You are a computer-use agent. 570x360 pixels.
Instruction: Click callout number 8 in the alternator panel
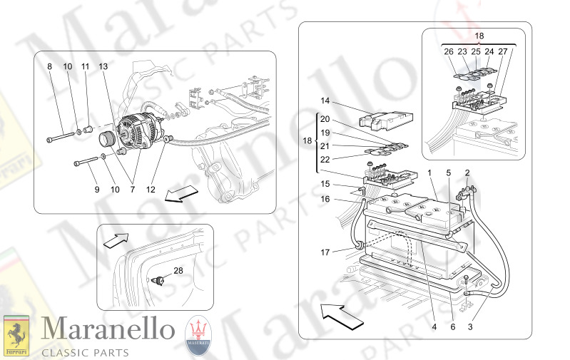[50, 66]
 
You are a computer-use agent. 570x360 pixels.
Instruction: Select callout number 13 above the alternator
[103, 66]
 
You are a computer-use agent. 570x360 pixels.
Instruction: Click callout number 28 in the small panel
[178, 269]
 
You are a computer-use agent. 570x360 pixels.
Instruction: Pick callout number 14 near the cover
[325, 101]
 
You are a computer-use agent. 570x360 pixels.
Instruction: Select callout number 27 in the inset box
[504, 51]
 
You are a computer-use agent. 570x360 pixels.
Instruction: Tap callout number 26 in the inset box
[448, 51]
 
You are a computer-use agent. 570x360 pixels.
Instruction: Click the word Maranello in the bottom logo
[107, 329]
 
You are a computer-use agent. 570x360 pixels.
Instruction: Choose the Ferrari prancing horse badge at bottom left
[16, 335]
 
